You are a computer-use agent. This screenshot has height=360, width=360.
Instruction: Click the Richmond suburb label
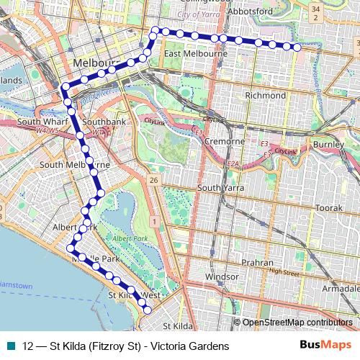pos(265,94)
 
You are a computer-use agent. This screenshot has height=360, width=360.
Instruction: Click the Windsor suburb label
pos(222,276)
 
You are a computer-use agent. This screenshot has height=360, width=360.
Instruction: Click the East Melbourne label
pos(195,54)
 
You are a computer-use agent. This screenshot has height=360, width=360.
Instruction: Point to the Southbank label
pos(105,122)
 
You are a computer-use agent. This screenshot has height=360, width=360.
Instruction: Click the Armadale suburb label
pos(341,287)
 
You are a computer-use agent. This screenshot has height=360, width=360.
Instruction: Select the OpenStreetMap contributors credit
pos(297,323)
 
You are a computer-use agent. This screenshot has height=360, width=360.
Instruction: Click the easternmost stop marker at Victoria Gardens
pos(297,48)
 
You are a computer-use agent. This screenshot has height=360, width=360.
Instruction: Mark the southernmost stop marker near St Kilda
pos(148,310)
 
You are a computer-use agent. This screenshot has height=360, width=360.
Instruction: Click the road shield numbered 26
pos(153,179)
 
